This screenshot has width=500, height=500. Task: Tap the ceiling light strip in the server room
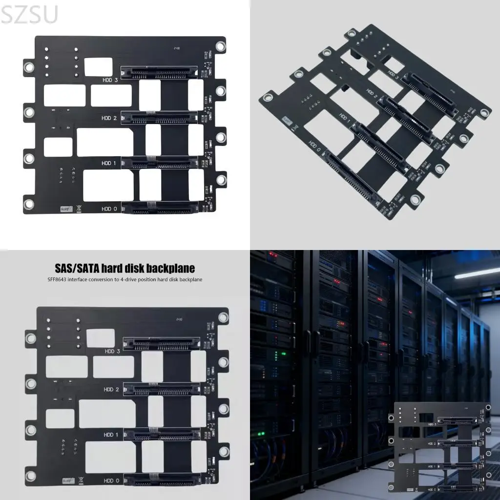tap(477, 273)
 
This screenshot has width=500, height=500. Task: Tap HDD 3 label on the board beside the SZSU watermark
tap(110, 80)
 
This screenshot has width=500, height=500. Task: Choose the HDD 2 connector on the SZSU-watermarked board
tap(159, 117)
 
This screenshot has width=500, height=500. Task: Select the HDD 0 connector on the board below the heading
tap(162, 480)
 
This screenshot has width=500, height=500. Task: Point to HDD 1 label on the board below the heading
tap(112, 434)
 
